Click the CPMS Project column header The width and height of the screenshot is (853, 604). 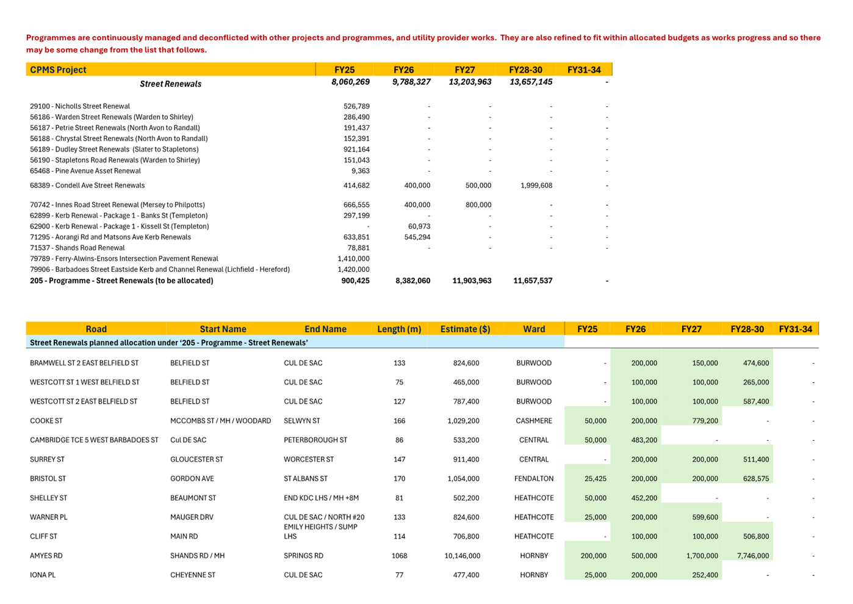point(59,70)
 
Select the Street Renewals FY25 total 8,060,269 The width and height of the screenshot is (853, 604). point(350,82)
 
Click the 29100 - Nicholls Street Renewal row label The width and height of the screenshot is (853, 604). point(80,106)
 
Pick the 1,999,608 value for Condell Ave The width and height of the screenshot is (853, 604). point(536,186)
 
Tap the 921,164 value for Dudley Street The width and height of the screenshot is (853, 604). point(356,150)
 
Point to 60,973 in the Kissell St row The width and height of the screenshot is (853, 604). point(419,227)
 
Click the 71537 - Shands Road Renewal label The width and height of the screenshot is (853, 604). point(77,248)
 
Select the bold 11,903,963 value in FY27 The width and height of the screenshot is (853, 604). point(472,281)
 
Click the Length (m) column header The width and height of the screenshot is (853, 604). point(399,329)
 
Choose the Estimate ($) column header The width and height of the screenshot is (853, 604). point(465,329)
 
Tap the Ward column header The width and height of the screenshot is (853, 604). point(534,329)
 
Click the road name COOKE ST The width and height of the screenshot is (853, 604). point(46,421)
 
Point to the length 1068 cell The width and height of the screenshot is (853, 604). point(399,556)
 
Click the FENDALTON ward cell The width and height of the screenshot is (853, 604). point(534,479)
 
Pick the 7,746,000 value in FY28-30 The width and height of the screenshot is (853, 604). point(753,556)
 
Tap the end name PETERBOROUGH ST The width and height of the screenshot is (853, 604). point(315,440)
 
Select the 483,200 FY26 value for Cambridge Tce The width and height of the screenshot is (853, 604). point(644,440)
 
